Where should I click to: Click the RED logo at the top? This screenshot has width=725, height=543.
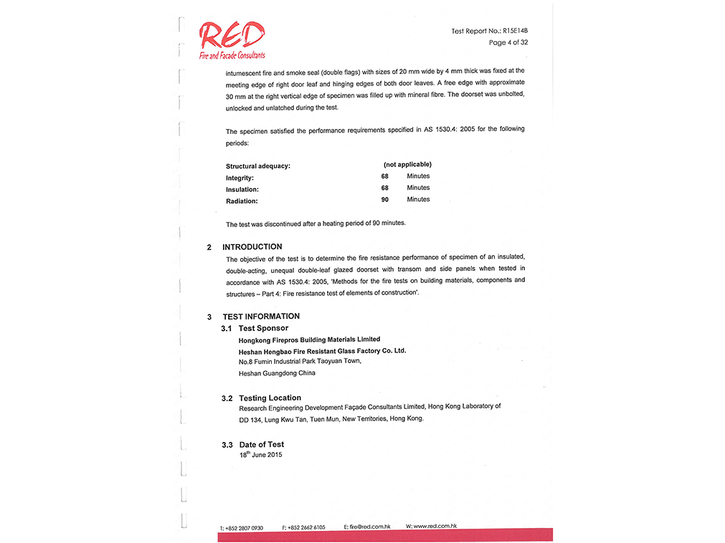[232, 35]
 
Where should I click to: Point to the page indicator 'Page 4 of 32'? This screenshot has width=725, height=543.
[508, 43]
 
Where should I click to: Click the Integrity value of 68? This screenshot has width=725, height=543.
[385, 176]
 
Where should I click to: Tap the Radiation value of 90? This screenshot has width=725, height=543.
[385, 200]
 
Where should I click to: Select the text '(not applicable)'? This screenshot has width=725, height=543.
[407, 165]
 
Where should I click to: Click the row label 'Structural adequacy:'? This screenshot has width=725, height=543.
[258, 166]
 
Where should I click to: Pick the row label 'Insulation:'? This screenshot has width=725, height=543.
[242, 190]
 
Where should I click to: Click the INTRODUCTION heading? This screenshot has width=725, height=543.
[252, 247]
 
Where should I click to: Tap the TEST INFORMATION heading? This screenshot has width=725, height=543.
[261, 317]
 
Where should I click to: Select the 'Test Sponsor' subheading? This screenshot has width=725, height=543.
[263, 328]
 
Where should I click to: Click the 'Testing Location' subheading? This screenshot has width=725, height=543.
[270, 398]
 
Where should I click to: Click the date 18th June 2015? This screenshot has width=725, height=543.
[261, 455]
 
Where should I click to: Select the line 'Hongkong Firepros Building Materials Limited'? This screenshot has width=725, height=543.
[309, 340]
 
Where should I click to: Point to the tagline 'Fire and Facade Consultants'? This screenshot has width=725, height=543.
[232, 55]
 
